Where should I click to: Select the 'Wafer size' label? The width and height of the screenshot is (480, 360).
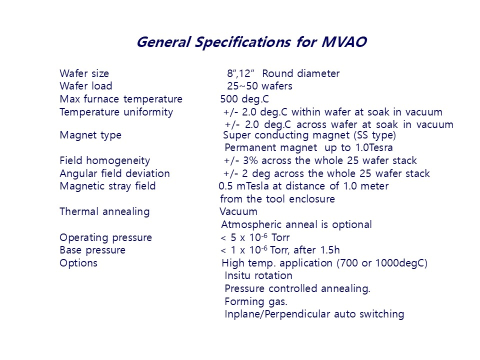click(84, 74)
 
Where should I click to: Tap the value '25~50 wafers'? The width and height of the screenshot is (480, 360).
click(259, 86)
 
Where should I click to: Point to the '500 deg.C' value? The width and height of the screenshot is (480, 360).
click(244, 99)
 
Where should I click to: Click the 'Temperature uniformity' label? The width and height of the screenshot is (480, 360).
click(116, 112)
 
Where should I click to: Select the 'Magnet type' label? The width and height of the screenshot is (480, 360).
click(90, 135)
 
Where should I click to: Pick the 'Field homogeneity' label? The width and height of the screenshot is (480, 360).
click(104, 161)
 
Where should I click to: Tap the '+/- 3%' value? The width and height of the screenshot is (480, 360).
click(240, 161)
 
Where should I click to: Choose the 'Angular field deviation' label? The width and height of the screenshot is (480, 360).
click(114, 174)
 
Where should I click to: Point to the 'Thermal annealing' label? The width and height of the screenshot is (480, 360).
click(104, 211)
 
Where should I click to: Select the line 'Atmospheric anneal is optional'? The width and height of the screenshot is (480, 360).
click(296, 224)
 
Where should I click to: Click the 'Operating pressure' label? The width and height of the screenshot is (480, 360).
click(105, 237)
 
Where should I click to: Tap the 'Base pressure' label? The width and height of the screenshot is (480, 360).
click(92, 250)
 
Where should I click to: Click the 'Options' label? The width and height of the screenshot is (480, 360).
click(78, 263)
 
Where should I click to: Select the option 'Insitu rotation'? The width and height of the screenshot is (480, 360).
click(258, 275)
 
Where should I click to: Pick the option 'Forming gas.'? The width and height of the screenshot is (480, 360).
click(255, 301)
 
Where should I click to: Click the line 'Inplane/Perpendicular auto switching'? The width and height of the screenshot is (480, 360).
click(314, 314)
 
